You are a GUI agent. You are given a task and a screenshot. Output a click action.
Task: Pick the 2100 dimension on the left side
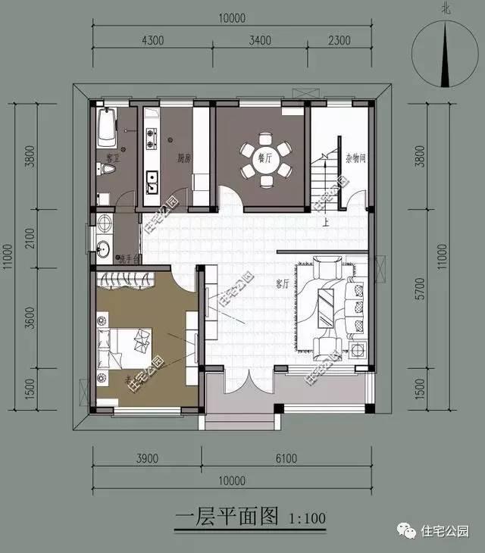coord(30,242)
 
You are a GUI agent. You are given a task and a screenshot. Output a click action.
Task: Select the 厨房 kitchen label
coord(184,159)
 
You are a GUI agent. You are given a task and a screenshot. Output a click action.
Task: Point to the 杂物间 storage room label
coord(355,159)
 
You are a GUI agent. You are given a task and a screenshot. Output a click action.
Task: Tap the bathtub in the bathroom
coord(107,128)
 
